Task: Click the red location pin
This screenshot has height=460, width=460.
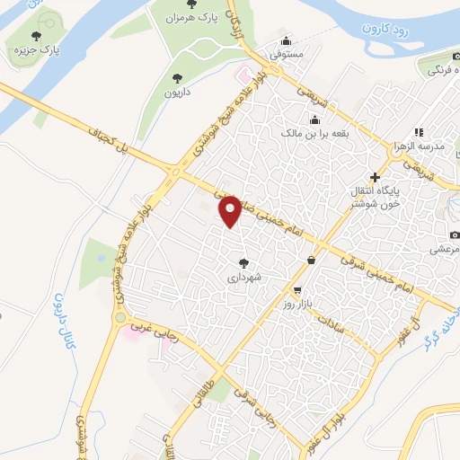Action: click(231, 211)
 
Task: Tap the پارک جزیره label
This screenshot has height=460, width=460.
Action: click(37, 52)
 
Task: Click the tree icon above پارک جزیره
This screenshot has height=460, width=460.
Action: click(36, 37)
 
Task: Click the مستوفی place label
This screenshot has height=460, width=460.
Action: click(287, 54)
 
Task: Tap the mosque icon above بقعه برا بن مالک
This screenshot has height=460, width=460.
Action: click(314, 119)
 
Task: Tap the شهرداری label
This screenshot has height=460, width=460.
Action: click(243, 279)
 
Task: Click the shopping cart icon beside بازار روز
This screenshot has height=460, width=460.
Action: click(297, 290)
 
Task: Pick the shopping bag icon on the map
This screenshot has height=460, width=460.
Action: click(311, 261)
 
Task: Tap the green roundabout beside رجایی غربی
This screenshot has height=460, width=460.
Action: click(119, 317)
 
